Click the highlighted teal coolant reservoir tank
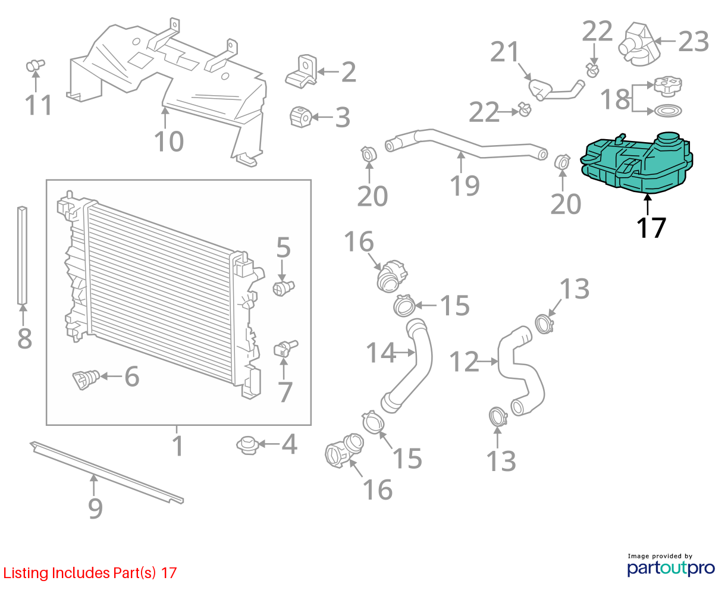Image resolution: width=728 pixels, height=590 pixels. (636, 164)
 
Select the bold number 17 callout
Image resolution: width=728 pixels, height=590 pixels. (651, 228)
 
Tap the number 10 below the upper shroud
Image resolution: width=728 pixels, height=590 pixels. (169, 141)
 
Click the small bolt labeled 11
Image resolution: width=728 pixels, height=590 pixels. (35, 65)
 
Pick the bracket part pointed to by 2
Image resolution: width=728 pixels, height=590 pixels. (301, 72)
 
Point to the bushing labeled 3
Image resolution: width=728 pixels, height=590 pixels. (300, 117)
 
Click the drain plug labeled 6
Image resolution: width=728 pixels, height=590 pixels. (86, 379)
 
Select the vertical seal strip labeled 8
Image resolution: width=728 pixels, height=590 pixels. (22, 255)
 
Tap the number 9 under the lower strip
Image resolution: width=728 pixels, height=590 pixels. (95, 509)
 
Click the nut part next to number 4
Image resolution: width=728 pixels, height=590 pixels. (247, 445)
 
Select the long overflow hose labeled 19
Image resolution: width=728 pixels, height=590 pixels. (466, 145)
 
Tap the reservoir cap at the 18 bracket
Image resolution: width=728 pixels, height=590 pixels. (668, 86)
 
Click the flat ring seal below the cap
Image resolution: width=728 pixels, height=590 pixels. (668, 111)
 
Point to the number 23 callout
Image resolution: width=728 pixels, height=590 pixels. (694, 42)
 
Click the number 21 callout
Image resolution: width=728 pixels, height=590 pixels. (504, 52)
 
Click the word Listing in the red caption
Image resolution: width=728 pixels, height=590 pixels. (26, 573)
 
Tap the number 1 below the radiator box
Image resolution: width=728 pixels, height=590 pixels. (178, 445)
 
